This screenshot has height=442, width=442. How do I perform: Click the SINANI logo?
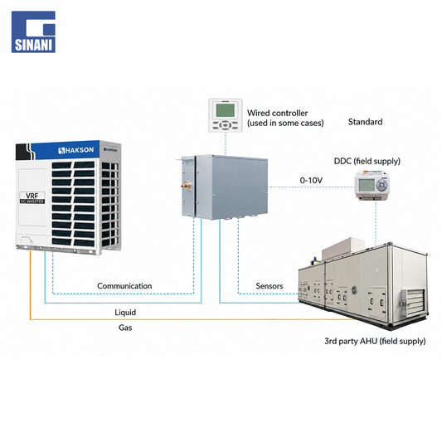click(x=33, y=32)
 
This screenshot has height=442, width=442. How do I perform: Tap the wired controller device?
click(x=226, y=115)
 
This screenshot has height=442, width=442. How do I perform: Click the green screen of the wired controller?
click(x=226, y=110)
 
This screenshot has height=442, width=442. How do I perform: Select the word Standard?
click(x=366, y=122)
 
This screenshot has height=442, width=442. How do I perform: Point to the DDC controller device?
click(x=372, y=185)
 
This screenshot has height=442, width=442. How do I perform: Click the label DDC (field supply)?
click(x=367, y=161)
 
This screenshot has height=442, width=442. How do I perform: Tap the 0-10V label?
click(x=311, y=180)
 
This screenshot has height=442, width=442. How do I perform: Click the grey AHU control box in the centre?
click(x=222, y=187)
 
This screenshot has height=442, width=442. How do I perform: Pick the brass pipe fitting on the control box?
click(x=187, y=186)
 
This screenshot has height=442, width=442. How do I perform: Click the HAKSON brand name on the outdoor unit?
click(x=76, y=150)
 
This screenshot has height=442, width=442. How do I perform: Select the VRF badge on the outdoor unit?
click(x=32, y=197)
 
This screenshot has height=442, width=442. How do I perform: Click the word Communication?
click(x=124, y=286)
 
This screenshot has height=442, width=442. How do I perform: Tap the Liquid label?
click(x=125, y=313)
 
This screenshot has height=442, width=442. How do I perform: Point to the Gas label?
click(x=125, y=328)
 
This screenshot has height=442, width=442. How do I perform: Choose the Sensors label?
click(x=270, y=286)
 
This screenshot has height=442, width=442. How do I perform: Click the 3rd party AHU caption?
click(x=375, y=341)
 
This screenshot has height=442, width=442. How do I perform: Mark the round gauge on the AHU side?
click(x=354, y=289)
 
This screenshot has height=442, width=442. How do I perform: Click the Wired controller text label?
click(x=285, y=118)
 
